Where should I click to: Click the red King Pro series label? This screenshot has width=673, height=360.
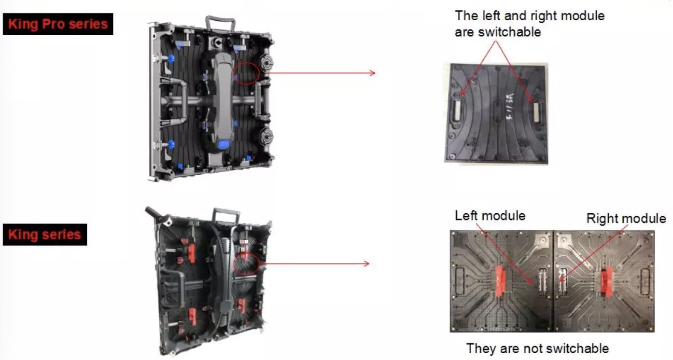(58, 24)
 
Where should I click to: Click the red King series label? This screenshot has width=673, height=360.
(45, 235)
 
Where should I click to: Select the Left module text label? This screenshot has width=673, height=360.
(490, 216)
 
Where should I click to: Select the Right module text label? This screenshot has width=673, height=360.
(626, 218)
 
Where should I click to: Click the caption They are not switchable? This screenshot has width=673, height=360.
(537, 348)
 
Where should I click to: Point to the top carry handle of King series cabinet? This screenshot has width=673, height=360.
(226, 215)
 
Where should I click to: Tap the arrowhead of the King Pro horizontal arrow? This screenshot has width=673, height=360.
(373, 73)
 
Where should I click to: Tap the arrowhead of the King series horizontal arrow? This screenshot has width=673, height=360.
(366, 263)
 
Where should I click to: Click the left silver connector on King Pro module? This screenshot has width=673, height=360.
(457, 111)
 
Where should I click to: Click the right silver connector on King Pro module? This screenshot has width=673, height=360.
(536, 111)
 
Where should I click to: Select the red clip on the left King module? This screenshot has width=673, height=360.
(500, 281)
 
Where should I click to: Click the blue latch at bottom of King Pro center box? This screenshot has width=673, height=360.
(224, 144)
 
